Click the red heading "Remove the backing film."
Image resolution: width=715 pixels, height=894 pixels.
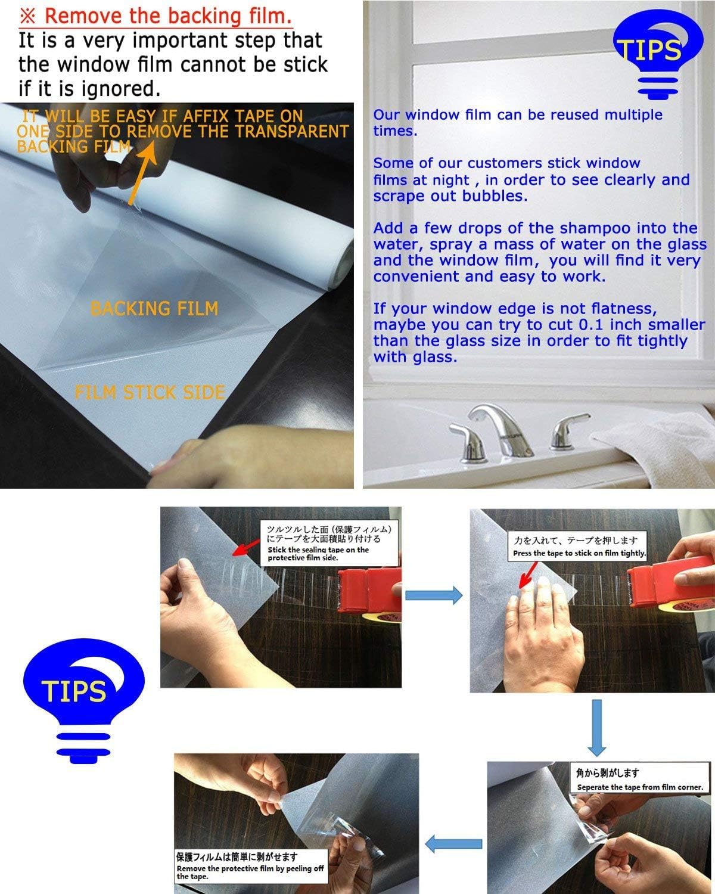[168, 15]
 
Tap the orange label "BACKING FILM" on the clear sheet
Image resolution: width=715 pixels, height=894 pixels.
[154, 309]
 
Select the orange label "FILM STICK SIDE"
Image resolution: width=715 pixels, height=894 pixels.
[150, 392]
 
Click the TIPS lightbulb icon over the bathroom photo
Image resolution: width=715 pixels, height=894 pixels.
[658, 54]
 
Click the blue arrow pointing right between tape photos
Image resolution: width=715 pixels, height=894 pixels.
[434, 595]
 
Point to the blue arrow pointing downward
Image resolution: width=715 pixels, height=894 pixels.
[596, 728]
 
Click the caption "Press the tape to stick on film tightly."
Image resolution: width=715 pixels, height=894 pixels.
[579, 553]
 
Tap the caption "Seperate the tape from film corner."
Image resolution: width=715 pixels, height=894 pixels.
[640, 787]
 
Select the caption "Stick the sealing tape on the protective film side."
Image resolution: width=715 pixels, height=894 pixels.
[318, 553]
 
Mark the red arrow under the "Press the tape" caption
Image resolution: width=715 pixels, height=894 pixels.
[528, 575]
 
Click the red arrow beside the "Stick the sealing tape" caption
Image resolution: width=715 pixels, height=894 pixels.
[246, 548]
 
